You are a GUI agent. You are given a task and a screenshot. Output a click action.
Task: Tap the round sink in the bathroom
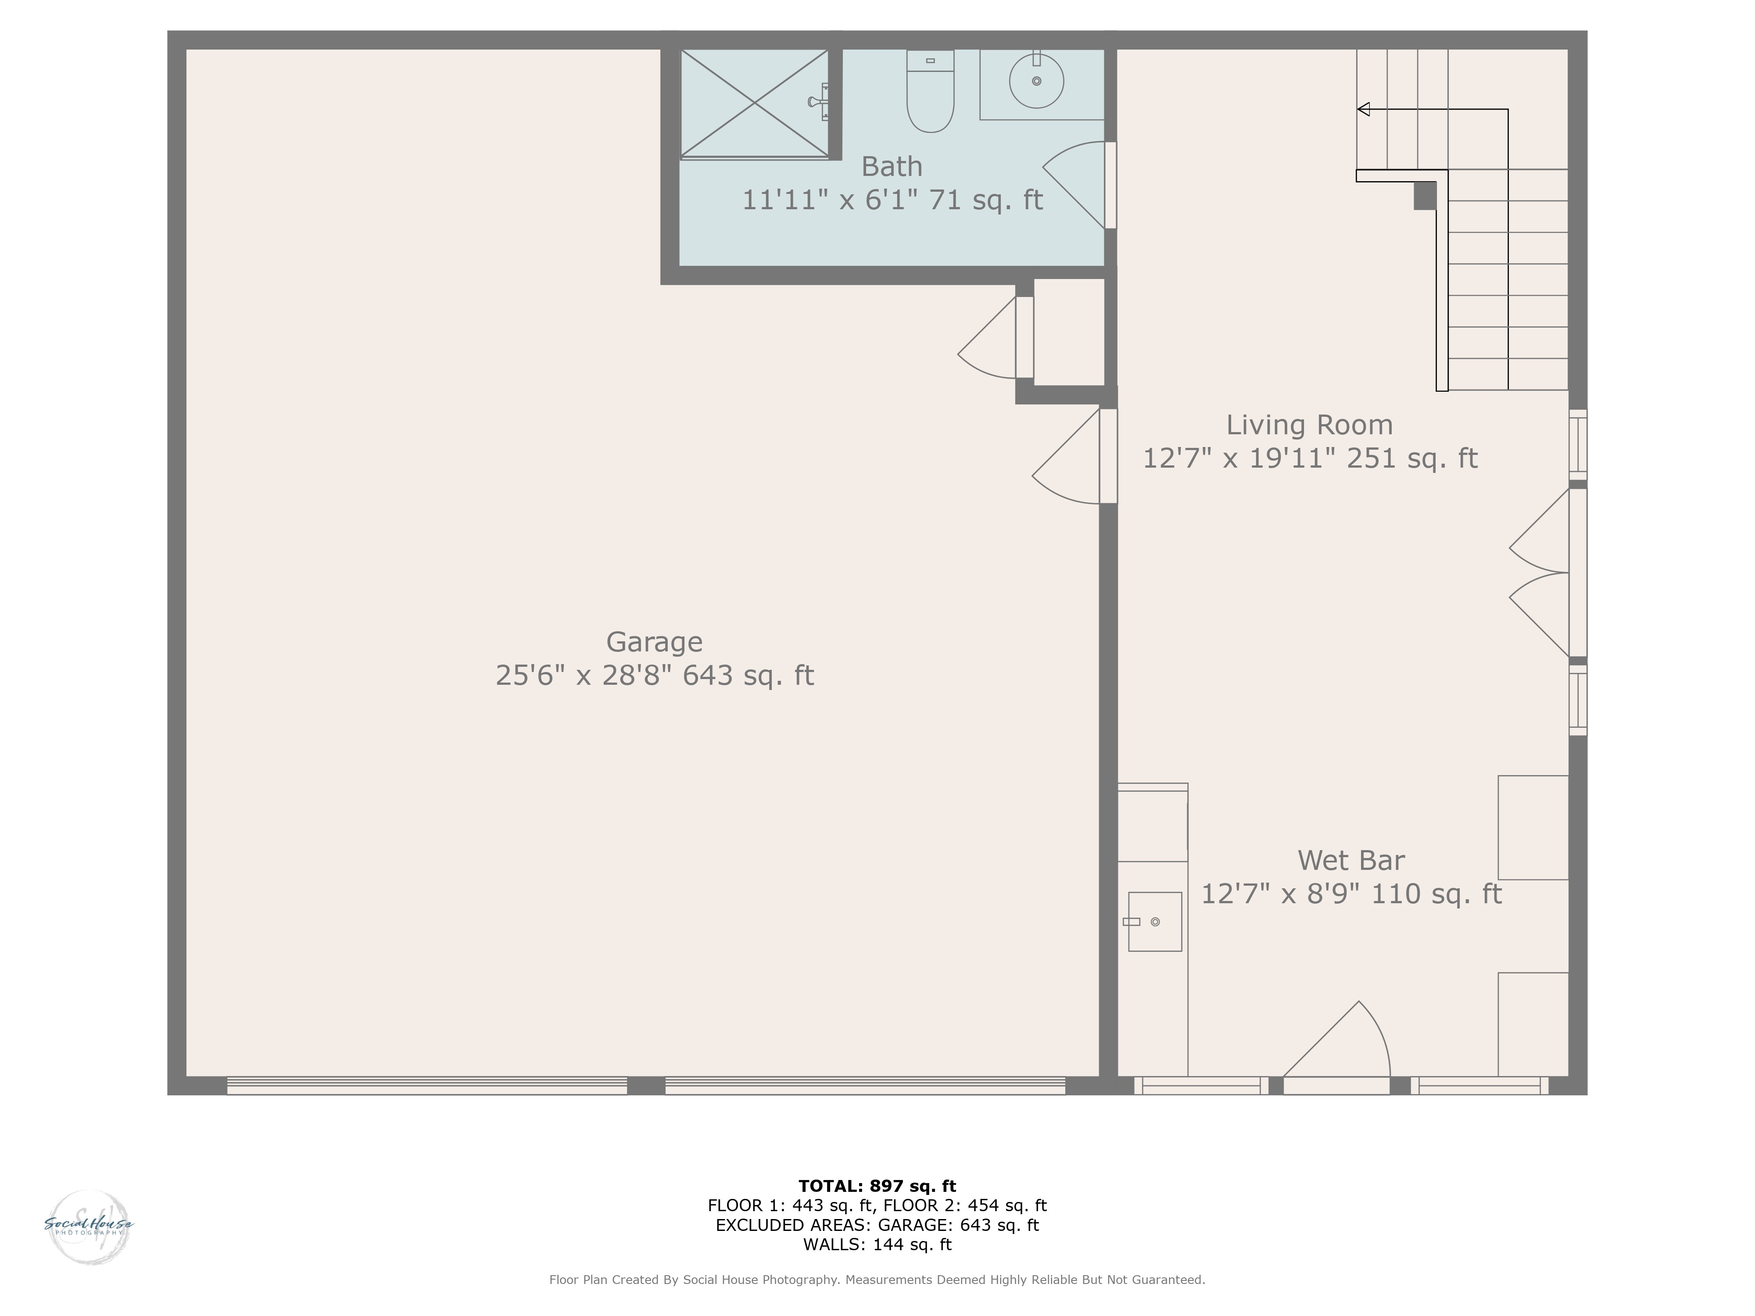(x=1036, y=80)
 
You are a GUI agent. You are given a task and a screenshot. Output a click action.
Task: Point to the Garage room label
(x=655, y=642)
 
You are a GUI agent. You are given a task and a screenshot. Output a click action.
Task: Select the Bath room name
(x=892, y=167)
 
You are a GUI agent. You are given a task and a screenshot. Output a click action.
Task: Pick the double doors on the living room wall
(x=1539, y=573)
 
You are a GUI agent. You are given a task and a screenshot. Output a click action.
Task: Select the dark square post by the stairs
(x=1425, y=196)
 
